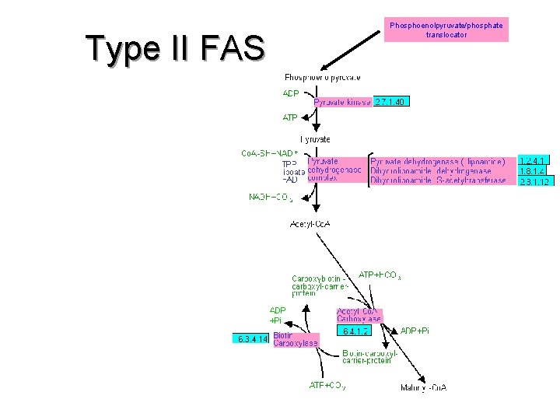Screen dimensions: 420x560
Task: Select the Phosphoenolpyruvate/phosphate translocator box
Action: (446, 30)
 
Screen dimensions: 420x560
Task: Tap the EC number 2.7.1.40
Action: (390, 102)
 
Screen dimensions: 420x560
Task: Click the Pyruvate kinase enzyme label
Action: (342, 102)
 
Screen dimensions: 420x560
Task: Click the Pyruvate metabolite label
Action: (315, 139)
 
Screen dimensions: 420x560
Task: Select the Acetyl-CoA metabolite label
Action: (310, 224)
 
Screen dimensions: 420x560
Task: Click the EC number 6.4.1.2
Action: (355, 330)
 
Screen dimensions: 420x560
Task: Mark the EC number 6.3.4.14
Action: (252, 338)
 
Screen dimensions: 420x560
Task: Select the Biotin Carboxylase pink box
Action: (296, 339)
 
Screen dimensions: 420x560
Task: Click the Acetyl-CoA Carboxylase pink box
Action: (359, 314)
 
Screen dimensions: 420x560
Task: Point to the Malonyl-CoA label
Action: (423, 387)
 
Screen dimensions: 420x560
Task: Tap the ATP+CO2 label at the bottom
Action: (327, 384)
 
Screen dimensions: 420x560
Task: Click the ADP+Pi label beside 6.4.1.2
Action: (415, 331)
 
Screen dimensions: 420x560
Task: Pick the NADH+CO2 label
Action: (271, 198)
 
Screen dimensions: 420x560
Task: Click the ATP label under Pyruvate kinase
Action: (290, 117)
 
